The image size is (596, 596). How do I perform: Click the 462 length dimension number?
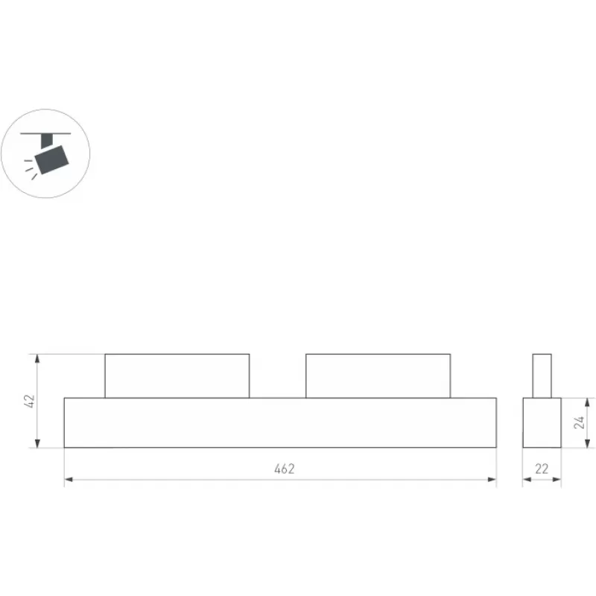click(x=285, y=469)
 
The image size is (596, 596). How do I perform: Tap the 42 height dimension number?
click(x=30, y=401)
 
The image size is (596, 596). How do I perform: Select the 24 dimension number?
click(x=580, y=422)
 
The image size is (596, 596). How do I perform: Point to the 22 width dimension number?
click(x=542, y=469)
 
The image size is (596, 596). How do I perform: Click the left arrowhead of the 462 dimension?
click(x=69, y=480)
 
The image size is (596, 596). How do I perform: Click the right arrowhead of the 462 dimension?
click(x=492, y=480)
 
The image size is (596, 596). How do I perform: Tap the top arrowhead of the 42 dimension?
click(x=37, y=358)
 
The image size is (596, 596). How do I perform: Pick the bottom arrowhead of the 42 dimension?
click(x=37, y=443)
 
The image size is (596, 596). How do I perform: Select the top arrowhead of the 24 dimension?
click(x=588, y=402)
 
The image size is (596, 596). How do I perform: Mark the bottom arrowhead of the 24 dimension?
click(x=588, y=443)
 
